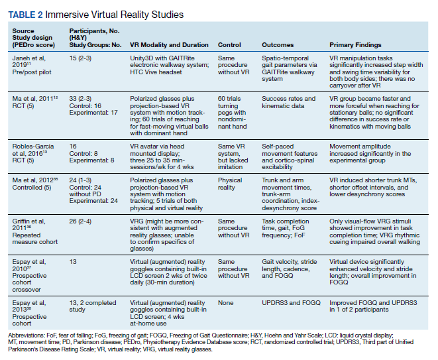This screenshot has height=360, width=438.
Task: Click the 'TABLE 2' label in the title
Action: point(25,15)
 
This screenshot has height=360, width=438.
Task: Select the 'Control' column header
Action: point(229,45)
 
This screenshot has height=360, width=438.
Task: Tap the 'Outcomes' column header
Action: point(278,45)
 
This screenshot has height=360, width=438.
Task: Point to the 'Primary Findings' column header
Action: point(355,45)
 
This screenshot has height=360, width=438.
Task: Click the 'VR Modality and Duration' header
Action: point(169,45)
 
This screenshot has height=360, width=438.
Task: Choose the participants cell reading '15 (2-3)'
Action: point(80,58)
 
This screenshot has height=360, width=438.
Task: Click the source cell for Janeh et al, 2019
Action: point(32,65)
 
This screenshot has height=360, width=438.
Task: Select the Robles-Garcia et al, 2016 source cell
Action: point(33,153)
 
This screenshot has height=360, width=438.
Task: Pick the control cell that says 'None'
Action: point(225,303)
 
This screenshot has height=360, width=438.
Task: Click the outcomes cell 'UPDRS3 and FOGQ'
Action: point(291,303)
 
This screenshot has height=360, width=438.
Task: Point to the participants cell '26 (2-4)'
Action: point(80,221)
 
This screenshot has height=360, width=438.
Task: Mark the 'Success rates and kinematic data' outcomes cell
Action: point(288,102)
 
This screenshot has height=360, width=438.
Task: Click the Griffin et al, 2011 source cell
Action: point(35,231)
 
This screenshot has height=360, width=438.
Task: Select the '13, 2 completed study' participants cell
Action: point(93,306)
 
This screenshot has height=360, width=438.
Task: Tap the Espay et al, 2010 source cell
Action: point(29,276)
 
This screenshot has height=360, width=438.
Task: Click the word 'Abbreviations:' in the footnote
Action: point(27,335)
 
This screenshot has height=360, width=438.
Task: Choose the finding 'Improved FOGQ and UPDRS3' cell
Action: point(373,306)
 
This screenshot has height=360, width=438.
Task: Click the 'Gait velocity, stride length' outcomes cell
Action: point(290,269)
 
